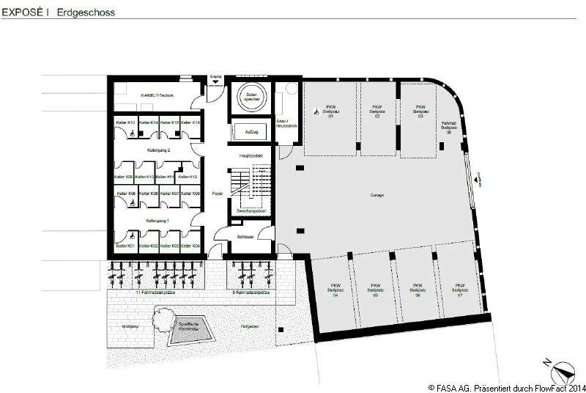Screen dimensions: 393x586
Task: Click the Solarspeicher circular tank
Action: pos(251,98)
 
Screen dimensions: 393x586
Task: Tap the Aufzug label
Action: pos(251,132)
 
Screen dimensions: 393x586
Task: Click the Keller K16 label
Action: pos(191,122)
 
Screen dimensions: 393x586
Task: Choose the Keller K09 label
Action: pos(124,177)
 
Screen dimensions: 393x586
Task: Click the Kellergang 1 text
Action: pos(157,220)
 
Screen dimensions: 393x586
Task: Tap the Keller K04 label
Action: pos(191,246)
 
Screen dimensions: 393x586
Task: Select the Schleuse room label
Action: pos(245,237)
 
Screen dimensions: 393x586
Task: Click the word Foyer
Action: pos(217,194)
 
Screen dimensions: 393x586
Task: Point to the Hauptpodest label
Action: pos(251,156)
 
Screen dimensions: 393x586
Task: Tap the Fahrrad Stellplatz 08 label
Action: pos(449,127)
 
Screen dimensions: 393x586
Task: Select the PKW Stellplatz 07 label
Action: pos(460,289)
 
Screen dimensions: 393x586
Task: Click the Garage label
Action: pos(377,195)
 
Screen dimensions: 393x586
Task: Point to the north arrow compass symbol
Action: pos(562,369)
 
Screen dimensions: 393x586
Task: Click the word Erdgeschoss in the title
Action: pos(84,12)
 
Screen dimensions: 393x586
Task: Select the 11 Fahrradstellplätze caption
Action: pos(156,292)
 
